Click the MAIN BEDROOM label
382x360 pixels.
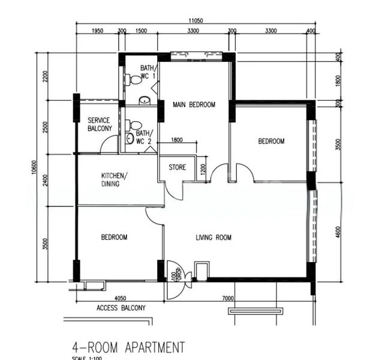coord(193,105)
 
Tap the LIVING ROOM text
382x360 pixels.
coord(213,238)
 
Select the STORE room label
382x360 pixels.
coord(177,167)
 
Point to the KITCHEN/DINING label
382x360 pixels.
coord(114,179)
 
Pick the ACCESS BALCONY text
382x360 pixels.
coord(121,308)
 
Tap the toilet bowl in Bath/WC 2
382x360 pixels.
coord(130,126)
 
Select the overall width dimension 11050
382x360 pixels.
coord(195,20)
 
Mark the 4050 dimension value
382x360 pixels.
coord(121,298)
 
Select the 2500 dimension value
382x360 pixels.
coord(44,127)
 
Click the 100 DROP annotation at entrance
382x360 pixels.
coord(173,275)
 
